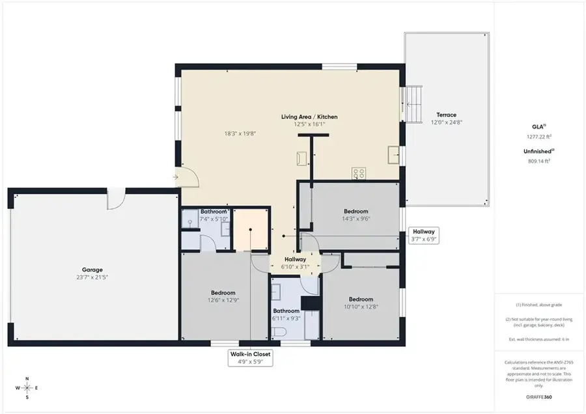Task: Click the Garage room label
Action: click(92, 269)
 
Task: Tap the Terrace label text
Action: click(446, 115)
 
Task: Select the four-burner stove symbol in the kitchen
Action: click(359, 173)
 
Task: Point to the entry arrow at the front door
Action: click(176, 176)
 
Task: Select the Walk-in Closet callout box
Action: click(249, 358)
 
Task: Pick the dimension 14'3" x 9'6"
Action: click(356, 219)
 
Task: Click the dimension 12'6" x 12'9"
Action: click(223, 300)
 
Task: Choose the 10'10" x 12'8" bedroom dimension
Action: click(360, 307)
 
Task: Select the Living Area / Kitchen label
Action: click(309, 117)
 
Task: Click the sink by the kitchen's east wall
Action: click(393, 155)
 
